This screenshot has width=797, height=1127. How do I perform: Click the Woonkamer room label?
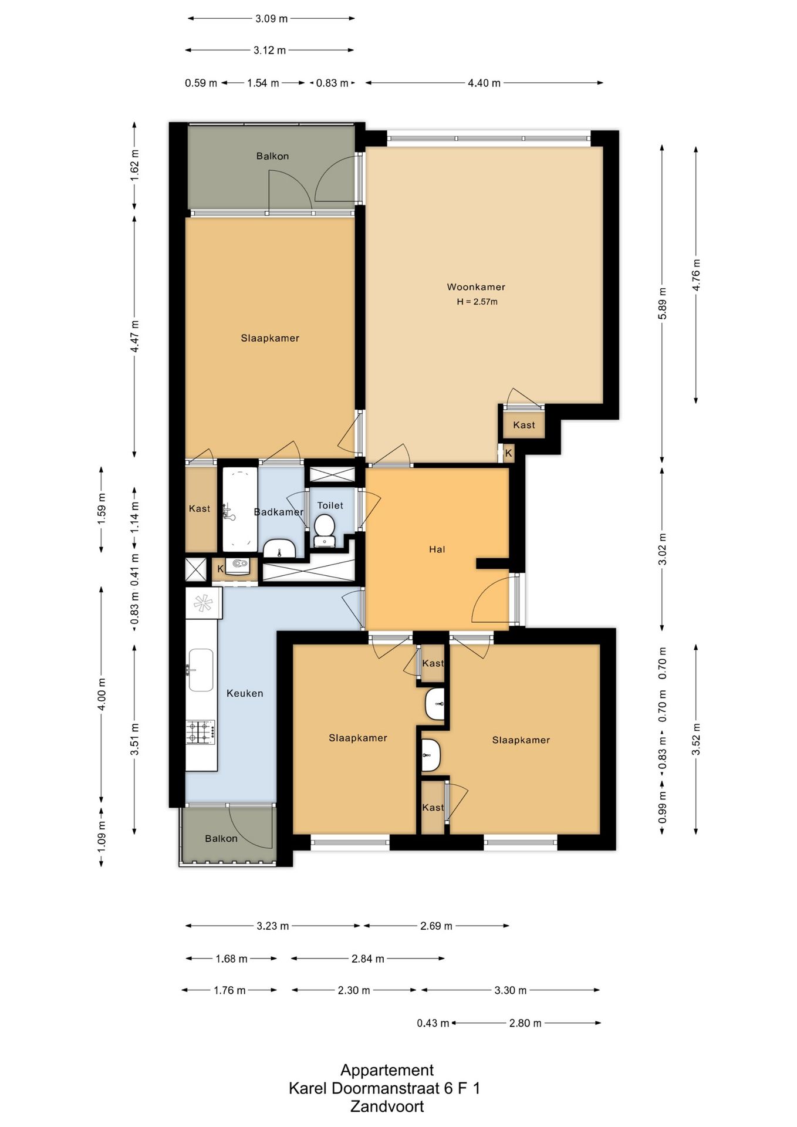pyautogui.click(x=476, y=287)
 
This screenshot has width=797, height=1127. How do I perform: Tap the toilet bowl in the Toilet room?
pyautogui.click(x=324, y=529)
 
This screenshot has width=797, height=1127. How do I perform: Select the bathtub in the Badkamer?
pyautogui.click(x=239, y=509)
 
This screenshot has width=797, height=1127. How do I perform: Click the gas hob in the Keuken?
pyautogui.click(x=201, y=733)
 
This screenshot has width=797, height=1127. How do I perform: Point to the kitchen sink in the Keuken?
pyautogui.click(x=200, y=670)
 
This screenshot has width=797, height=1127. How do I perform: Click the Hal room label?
pyautogui.click(x=437, y=549)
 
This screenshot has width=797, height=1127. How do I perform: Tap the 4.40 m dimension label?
pyautogui.click(x=484, y=83)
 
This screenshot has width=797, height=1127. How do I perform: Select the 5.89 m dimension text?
pyautogui.click(x=663, y=303)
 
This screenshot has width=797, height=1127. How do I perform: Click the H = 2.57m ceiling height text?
pyautogui.click(x=477, y=302)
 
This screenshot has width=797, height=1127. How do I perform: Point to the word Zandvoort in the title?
pyautogui.click(x=387, y=1106)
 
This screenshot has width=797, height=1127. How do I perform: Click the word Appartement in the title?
pyautogui.click(x=387, y=1070)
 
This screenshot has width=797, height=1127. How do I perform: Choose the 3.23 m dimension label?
pyautogui.click(x=273, y=926)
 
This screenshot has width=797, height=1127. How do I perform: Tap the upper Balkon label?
pyautogui.click(x=272, y=156)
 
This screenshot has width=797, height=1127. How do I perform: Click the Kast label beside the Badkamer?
pyautogui.click(x=200, y=509)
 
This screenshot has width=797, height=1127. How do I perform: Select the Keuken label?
pyautogui.click(x=245, y=693)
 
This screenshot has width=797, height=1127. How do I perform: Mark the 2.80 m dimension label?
pyautogui.click(x=525, y=1023)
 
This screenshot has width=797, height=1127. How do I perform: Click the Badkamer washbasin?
pyautogui.click(x=279, y=548)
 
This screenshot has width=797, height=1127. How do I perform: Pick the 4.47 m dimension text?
pyautogui.click(x=134, y=336)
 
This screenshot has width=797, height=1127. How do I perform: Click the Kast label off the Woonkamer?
pyautogui.click(x=524, y=425)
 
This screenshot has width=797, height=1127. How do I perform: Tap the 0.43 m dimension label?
pyautogui.click(x=433, y=1023)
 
